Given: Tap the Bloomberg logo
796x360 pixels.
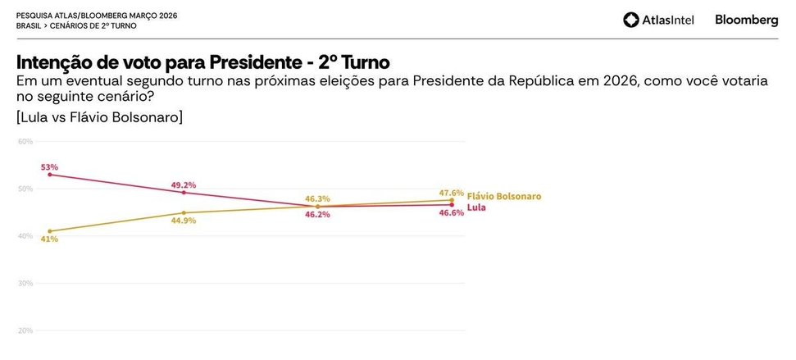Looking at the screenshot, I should pos(746,20).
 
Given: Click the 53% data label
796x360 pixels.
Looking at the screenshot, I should pos(50,166).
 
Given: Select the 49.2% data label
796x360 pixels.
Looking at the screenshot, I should pos(184,185).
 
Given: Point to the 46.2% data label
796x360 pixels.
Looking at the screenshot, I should pos(317,214).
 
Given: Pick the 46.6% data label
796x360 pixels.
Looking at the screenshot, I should pos(452,212).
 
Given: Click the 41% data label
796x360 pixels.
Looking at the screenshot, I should pos(50,239).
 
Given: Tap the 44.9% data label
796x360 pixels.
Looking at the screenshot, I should pos(184,221).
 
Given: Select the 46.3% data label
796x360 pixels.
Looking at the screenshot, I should pos(317,198).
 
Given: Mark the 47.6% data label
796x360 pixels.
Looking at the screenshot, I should pos(452,192).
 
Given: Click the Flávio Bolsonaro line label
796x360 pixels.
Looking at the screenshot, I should pos(504,197).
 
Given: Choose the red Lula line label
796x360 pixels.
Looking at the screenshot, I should pos(476,207).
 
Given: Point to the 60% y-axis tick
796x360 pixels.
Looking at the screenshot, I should pos(25,141).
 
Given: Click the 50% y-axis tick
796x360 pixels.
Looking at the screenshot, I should pos(25,189).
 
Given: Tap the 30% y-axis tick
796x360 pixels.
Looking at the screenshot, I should pos(25,283).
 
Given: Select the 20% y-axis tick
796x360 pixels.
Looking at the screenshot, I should pos(25,330).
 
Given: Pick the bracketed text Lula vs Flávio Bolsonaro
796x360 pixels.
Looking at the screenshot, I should pos(99,117).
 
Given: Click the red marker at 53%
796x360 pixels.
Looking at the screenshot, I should pos(50,175).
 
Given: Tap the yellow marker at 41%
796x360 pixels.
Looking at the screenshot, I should pos(50,231).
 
